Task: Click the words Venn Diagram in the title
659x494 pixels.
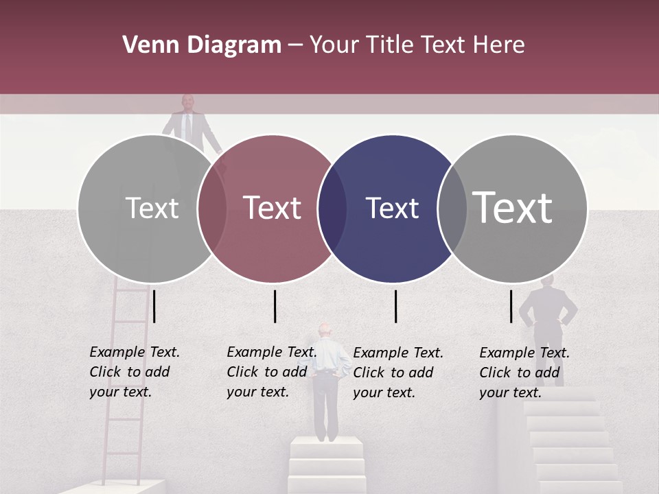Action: (202, 45)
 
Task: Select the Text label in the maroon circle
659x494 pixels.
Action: (273, 208)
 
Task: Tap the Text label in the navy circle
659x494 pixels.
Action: (392, 208)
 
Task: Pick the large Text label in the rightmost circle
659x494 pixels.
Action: (513, 207)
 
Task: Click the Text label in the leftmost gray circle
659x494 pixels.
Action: (152, 208)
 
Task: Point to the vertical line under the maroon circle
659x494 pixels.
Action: (275, 306)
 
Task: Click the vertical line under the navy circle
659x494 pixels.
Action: (395, 306)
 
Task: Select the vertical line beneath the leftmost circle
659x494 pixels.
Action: (154, 306)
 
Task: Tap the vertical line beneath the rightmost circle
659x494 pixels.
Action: (511, 306)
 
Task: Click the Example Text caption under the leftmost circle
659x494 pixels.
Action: (134, 372)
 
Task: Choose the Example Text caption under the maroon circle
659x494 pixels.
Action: (271, 372)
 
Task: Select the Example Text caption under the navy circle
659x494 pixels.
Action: (397, 373)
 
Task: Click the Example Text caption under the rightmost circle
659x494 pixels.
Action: (524, 373)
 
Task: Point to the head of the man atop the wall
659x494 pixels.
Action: (187, 102)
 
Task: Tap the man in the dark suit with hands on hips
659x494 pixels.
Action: (547, 316)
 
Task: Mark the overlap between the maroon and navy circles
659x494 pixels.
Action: (332, 208)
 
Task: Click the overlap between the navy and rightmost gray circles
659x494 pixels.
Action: (451, 208)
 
